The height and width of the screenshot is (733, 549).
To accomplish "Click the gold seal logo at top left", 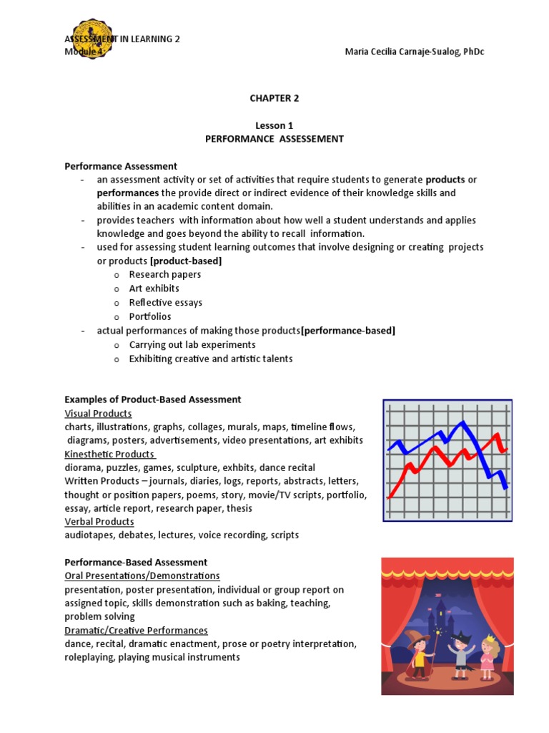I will click(87, 40).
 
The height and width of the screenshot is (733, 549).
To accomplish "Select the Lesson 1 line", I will click(274, 125).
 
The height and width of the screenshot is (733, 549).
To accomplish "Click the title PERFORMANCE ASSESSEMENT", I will click(274, 139).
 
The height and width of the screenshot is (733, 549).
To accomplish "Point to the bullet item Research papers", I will click(164, 274).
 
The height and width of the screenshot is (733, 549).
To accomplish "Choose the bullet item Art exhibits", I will click(154, 288).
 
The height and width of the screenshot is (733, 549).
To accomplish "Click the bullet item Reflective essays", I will click(165, 302).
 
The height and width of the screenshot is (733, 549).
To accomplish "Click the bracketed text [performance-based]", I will click(348, 330).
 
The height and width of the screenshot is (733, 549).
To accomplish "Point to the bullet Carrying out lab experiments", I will click(192, 344).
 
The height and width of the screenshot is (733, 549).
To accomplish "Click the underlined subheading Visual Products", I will click(98, 413).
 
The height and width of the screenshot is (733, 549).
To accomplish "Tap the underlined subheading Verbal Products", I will click(99, 522).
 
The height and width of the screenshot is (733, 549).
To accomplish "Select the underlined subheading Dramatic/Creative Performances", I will click(136, 630).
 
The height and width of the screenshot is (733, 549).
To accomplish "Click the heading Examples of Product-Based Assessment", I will click(153, 399).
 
